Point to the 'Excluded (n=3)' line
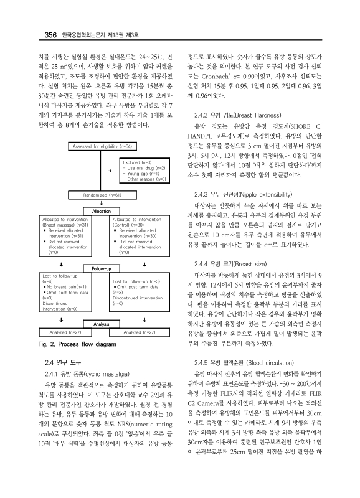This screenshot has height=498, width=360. point(137,162)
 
